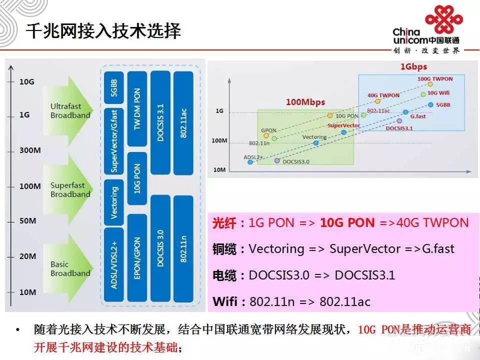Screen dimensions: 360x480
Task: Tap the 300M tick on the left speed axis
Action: click(x=30, y=150)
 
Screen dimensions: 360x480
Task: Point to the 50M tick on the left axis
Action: click(x=27, y=221)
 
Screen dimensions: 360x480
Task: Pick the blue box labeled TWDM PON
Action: click(x=137, y=109)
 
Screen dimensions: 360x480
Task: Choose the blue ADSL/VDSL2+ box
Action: click(x=113, y=264)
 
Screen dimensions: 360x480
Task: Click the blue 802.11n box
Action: click(x=183, y=248)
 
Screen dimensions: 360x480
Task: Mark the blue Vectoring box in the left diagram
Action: click(x=113, y=202)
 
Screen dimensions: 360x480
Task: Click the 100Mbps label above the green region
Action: click(x=305, y=102)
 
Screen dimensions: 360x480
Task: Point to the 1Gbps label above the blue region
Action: click(x=413, y=66)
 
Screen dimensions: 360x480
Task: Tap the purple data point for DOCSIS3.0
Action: click(x=277, y=161)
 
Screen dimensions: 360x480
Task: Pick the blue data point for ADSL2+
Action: click(x=249, y=162)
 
